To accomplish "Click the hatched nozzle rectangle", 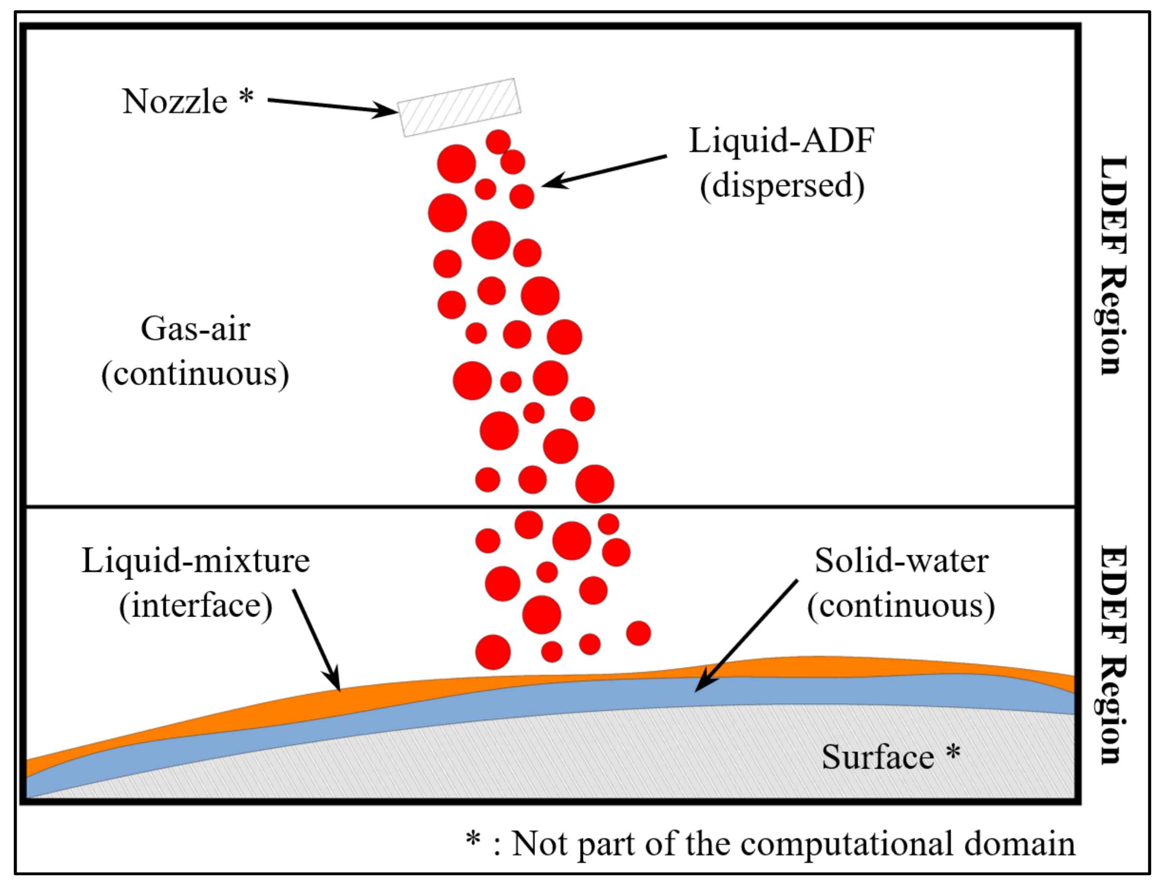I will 459,107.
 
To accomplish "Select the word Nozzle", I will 175,101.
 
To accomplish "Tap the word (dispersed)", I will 782,186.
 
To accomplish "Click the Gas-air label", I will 195,329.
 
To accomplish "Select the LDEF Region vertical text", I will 1112,265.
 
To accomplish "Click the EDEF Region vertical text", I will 1112,655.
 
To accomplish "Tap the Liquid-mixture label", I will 195,561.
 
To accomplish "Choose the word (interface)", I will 195,606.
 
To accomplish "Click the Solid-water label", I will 901,561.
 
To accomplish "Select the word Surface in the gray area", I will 877,757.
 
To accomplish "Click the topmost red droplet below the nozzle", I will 498,142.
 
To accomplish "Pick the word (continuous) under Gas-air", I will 195,375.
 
